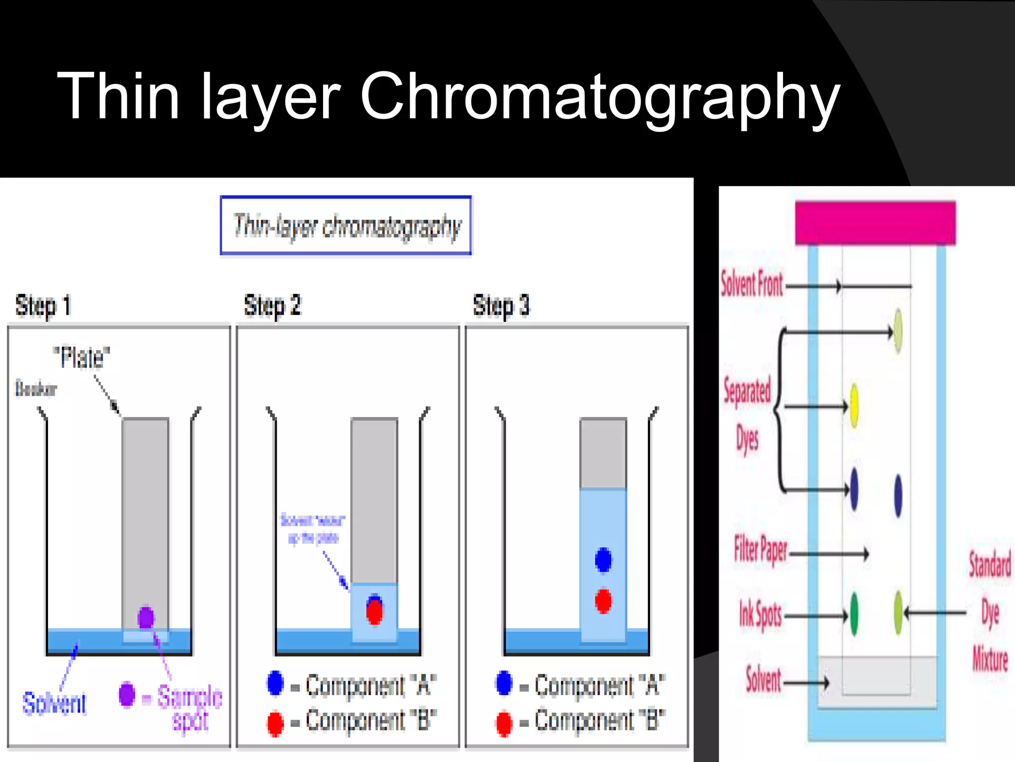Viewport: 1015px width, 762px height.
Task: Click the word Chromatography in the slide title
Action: [600, 97]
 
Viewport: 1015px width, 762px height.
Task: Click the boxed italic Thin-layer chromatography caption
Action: [346, 226]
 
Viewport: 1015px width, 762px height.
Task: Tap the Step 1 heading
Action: [43, 305]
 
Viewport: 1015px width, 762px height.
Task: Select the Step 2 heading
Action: [272, 305]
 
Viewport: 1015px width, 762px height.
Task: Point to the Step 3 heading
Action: [501, 305]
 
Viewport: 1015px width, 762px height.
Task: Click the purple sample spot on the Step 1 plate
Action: [146, 617]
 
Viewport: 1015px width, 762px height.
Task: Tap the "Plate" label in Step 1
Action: [82, 357]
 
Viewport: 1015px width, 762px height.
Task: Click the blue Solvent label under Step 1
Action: [54, 703]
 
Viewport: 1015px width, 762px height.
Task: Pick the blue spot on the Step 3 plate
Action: [603, 560]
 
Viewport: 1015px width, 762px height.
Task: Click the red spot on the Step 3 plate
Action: [603, 601]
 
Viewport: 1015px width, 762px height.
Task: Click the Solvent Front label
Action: [751, 284]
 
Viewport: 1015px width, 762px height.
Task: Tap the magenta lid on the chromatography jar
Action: [875, 223]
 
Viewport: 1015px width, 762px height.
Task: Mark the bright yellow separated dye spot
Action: [854, 405]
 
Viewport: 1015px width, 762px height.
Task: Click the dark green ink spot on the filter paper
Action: [854, 614]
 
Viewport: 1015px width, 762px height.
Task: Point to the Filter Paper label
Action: [760, 551]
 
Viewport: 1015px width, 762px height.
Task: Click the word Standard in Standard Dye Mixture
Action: [990, 566]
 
